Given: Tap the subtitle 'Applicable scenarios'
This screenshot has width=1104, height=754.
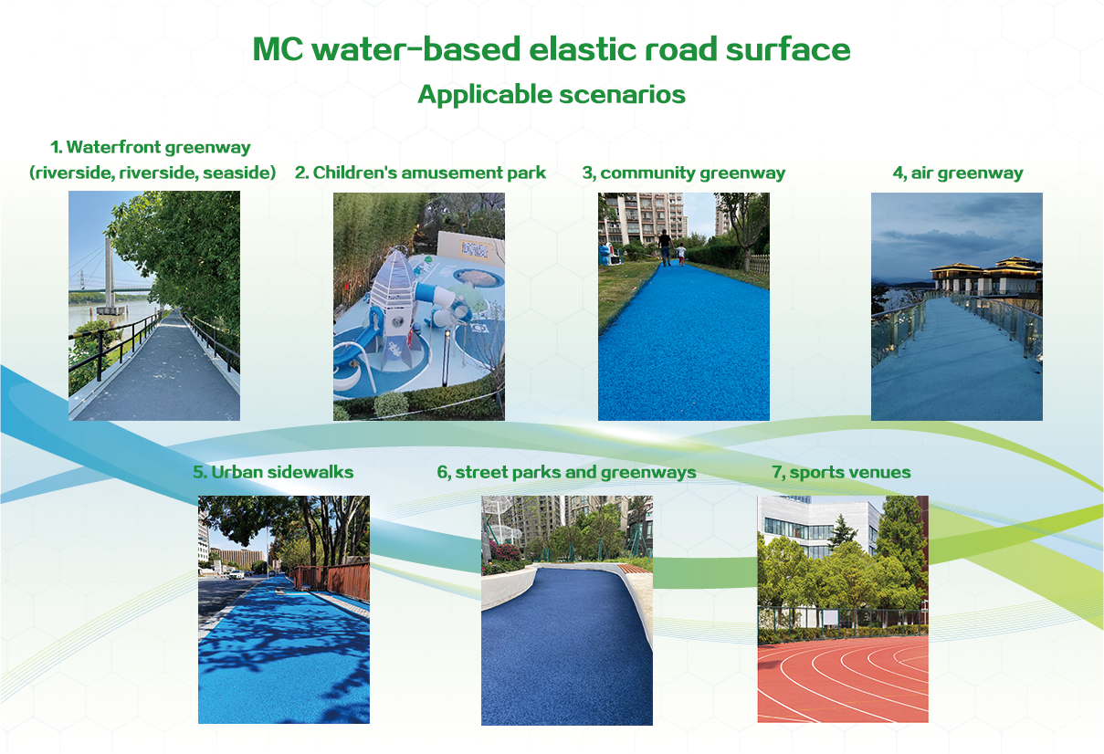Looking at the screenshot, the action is pos(552,94).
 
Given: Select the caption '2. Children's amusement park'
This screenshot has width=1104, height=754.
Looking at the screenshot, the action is pos(420,173).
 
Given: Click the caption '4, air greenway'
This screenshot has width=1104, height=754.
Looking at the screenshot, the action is pos(958,173).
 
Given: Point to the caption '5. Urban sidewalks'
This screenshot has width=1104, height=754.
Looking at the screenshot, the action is pos(273,472).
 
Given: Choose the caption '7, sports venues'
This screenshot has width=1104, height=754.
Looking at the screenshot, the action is pos(841,472).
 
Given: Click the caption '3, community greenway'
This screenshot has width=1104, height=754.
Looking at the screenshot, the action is pos(684,173).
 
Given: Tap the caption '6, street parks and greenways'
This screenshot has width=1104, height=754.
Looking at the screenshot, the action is pos(566,472).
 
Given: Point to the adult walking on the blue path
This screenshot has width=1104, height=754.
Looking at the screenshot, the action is pos(665,247).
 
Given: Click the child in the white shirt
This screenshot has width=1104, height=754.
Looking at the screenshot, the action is pos(680,254).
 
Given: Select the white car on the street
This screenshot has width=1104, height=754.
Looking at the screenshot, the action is pos(237,574).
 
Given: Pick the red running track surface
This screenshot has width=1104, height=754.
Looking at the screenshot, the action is pos(843,680).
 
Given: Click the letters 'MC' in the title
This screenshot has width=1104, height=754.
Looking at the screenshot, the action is pos(278,49).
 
